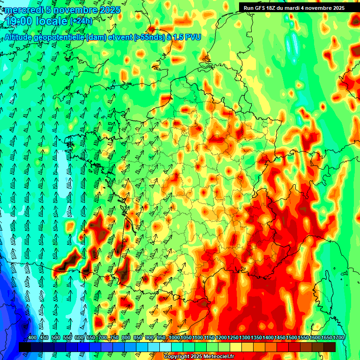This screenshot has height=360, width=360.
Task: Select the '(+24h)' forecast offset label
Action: [x=81, y=21]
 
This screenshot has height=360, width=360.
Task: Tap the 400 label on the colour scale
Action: [x=32, y=338]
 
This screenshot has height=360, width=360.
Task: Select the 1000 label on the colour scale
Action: [x=174, y=338]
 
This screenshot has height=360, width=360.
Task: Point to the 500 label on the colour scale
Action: [x=56, y=338]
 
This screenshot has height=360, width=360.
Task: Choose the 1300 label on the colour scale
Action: [x=244, y=338]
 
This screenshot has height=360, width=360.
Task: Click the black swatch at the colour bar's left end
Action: [x=25, y=347]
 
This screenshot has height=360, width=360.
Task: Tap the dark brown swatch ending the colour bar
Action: [x=330, y=347]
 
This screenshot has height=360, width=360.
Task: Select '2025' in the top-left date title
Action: [x=110, y=10]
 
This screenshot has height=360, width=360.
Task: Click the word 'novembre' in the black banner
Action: [x=317, y=7]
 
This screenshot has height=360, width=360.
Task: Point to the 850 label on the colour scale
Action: [x=138, y=338]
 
